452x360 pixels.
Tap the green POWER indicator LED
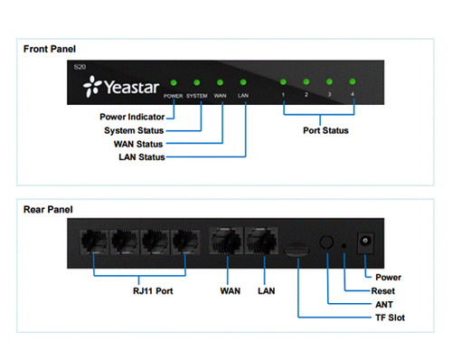(173, 81)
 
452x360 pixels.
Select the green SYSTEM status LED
(196, 81)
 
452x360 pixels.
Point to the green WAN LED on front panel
(220, 81)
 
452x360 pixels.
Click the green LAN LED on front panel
(242, 81)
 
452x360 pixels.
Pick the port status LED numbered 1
(283, 81)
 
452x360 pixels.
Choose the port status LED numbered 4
(353, 81)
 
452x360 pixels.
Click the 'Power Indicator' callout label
(133, 117)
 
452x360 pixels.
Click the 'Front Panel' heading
(50, 49)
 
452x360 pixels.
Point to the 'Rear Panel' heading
(48, 211)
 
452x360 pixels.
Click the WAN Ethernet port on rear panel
(223, 243)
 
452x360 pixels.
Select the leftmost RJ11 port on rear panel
(95, 243)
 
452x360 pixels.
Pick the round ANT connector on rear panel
(328, 243)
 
